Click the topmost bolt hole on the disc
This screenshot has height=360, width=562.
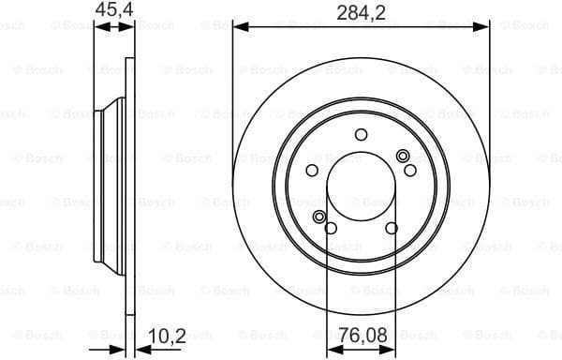pyautogui.click(x=361, y=135)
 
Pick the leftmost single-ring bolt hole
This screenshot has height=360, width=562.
pyautogui.click(x=312, y=170)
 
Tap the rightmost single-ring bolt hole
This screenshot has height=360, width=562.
pyautogui.click(x=409, y=170)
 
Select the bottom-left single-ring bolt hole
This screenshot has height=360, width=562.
pyautogui.click(x=330, y=228)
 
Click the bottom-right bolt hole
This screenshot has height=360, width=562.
pyautogui.click(x=391, y=228)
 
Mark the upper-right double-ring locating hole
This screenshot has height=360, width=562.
pyautogui.click(x=403, y=156)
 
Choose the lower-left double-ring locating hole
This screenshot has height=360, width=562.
pyautogui.click(x=319, y=217)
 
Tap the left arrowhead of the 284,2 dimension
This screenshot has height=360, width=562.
pyautogui.click(x=238, y=26)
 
